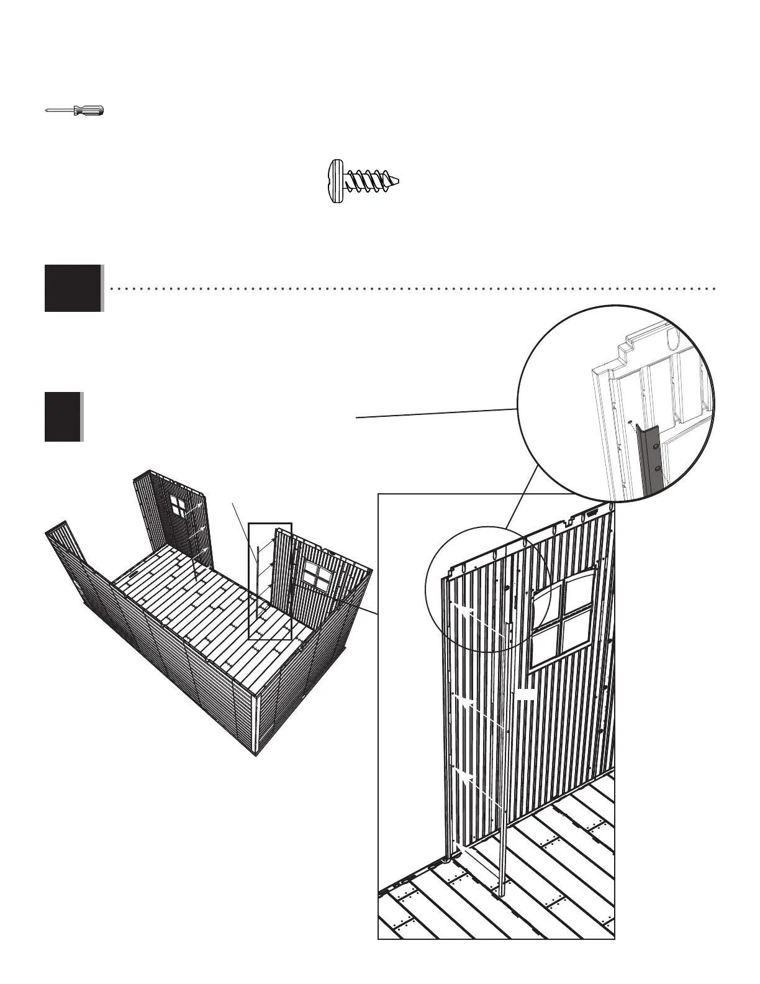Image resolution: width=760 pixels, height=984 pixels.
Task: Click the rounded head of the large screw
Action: pyautogui.click(x=335, y=182)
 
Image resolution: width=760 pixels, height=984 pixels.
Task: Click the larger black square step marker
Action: pyautogui.click(x=73, y=288)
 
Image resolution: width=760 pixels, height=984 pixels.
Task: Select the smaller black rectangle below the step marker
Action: pyautogui.click(x=63, y=417)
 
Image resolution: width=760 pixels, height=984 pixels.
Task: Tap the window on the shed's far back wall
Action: pyautogui.click(x=178, y=507)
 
